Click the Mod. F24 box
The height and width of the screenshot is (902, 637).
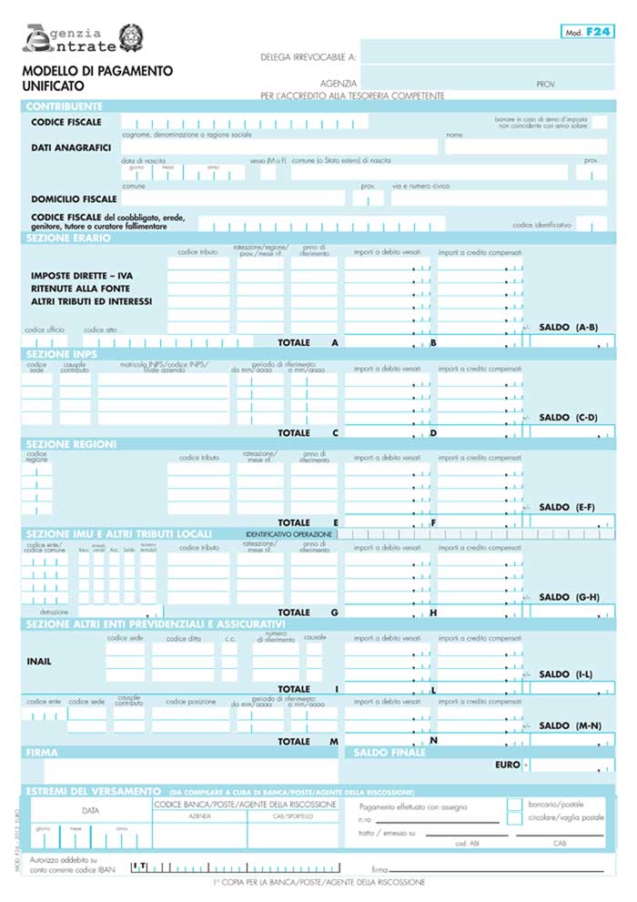coord(587,32)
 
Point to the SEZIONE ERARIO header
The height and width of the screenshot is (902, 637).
coord(68,238)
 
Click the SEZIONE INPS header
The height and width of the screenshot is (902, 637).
coord(61,353)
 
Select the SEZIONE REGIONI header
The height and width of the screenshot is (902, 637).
coord(71,443)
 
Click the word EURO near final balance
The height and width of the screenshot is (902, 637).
coord(507,765)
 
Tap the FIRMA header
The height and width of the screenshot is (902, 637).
coord(43,753)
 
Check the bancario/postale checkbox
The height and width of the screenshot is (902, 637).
coord(514,805)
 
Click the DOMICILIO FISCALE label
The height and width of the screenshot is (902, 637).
coord(74,198)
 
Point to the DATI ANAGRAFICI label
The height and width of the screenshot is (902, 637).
coord(71,147)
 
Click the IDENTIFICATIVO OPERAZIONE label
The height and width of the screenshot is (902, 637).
coord(288,533)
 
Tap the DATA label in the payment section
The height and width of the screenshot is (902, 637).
coord(91,809)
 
